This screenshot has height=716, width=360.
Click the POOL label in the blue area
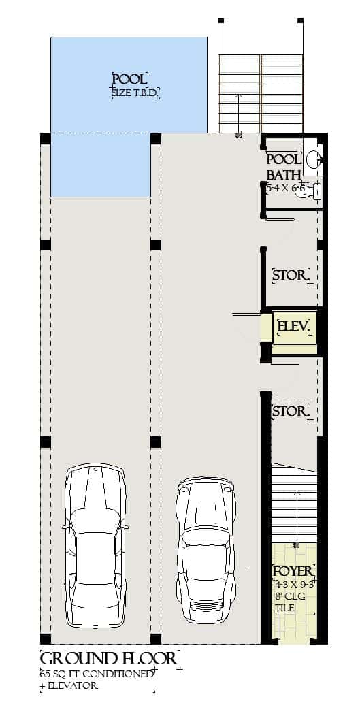pos(129,80)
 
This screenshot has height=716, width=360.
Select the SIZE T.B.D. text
pos(135,93)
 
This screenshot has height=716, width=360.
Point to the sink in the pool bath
pos(313,159)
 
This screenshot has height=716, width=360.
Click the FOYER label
pos(293,571)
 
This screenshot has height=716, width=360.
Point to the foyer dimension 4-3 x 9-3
pos(293,584)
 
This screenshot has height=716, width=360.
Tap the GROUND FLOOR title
pos(110,659)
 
